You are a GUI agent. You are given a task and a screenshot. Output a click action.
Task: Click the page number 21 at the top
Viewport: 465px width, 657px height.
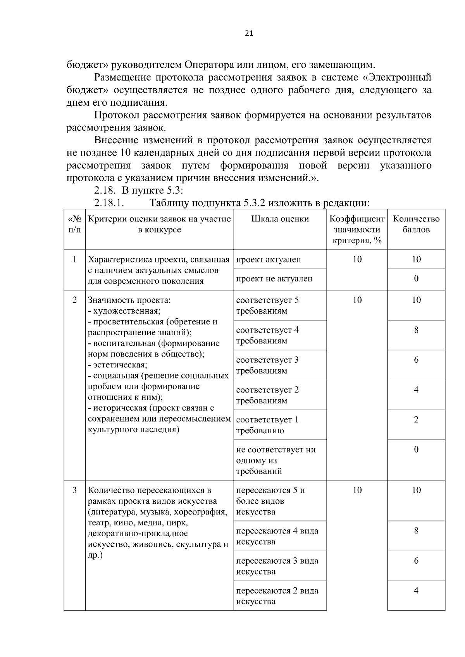coord(249,34)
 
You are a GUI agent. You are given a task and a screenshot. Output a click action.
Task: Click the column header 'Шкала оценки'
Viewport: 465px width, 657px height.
coord(280,219)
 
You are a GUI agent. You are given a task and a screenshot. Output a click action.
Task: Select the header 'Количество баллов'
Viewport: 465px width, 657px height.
coord(416,224)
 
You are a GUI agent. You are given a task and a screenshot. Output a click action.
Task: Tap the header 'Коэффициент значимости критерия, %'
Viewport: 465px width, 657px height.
coord(357,230)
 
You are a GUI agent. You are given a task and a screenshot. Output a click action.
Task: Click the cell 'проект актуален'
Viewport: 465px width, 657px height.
coord(268,259)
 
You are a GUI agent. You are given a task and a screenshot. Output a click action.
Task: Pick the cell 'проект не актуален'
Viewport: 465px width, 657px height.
coord(274,279)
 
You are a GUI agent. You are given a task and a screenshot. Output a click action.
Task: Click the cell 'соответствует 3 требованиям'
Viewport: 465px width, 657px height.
coord(267,365)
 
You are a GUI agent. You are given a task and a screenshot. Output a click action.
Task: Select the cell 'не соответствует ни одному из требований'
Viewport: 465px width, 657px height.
coord(276,460)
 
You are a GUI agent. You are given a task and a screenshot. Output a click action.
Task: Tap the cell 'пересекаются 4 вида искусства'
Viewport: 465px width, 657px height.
coord(277,536)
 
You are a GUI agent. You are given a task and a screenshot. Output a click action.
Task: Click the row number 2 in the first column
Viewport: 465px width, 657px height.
coord(74,300)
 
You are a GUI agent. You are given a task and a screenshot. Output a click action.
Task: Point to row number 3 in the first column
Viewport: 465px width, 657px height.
coord(74,490)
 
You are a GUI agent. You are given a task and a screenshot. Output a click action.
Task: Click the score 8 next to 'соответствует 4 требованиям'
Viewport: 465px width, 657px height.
coord(416,330)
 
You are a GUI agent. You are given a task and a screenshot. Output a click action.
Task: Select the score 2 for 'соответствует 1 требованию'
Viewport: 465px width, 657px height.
coord(416,420)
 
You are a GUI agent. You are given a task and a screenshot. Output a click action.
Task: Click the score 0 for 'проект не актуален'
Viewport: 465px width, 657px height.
coord(416,279)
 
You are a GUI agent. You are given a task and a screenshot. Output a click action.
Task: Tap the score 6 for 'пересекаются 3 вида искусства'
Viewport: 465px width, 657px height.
coord(416,561)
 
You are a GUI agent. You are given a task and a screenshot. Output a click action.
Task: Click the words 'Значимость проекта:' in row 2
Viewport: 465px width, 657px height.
coord(129,300)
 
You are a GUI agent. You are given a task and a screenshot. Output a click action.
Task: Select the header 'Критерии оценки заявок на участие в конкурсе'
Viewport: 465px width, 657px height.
coord(159,224)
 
